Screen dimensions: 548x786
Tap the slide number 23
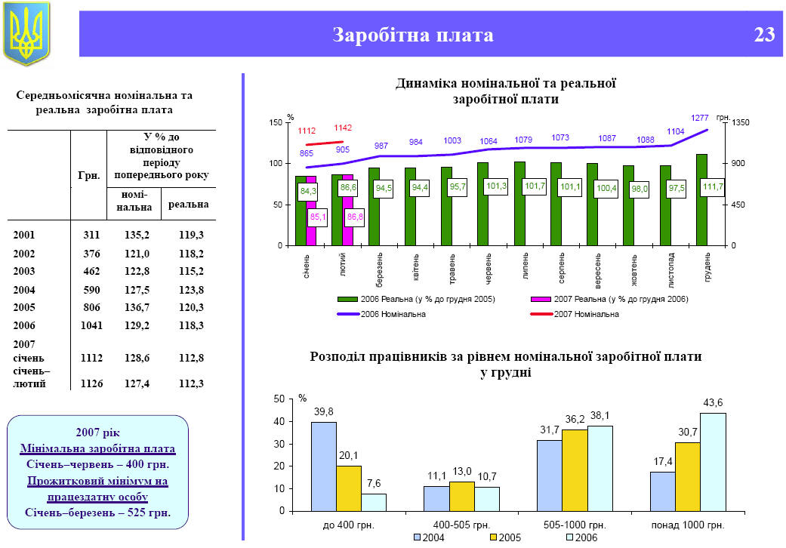[763, 35]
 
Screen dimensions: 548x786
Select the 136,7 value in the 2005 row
[136, 307]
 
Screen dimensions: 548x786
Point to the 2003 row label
[23, 271]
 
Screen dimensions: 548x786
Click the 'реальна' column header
[188, 204]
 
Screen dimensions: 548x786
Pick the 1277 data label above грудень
[700, 118]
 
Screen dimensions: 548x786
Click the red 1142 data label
[343, 128]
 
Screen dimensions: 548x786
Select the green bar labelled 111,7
[701, 200]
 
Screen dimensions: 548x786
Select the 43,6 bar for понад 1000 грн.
[713, 461]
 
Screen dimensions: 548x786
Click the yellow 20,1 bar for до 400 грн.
[349, 488]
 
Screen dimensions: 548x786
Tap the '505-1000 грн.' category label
[575, 524]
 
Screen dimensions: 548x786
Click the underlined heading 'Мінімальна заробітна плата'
[97, 448]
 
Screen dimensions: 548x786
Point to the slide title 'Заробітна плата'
[413, 35]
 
